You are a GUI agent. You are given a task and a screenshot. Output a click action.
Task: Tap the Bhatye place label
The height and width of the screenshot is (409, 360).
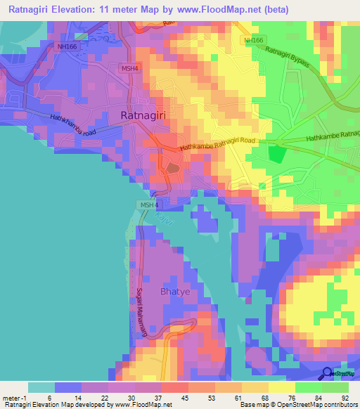(176, 292)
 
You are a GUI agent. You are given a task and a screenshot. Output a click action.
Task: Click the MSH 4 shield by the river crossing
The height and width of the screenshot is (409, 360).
(148, 204)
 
